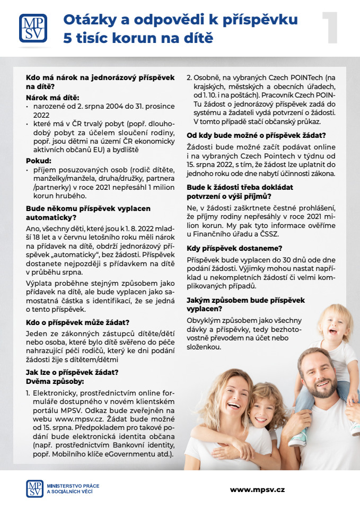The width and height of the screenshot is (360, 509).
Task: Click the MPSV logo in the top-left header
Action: (x=33, y=28)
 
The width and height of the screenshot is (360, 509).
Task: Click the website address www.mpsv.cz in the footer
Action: (x=257, y=490)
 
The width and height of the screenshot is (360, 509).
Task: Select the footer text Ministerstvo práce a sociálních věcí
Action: (x=73, y=489)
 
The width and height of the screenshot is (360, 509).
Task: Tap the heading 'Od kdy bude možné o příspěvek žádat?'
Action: (x=256, y=135)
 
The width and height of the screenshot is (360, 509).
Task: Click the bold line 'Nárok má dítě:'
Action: (x=52, y=98)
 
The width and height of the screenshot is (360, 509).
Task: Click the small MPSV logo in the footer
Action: (x=35, y=489)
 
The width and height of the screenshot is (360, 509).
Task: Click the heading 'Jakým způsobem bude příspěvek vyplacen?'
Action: (x=245, y=304)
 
